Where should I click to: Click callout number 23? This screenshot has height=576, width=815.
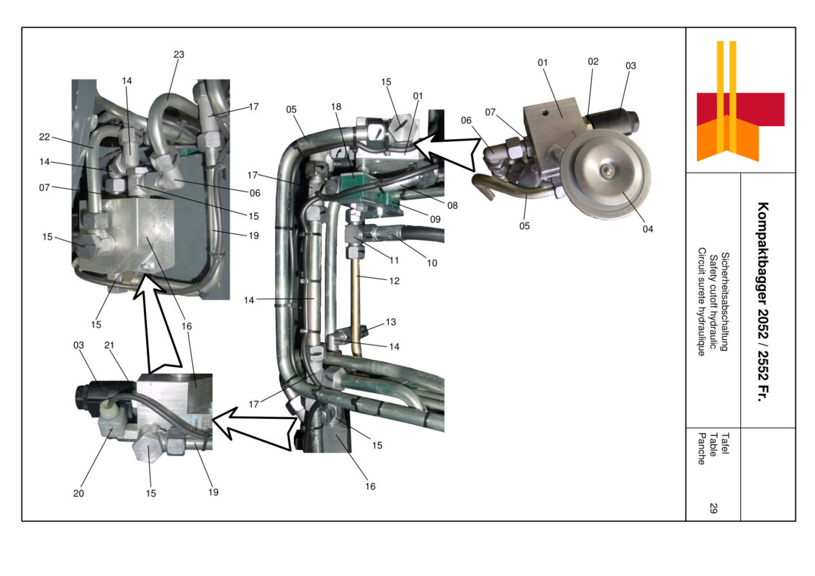point(179,54)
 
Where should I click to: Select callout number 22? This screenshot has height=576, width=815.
point(44,137)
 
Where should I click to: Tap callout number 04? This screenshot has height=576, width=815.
point(647,229)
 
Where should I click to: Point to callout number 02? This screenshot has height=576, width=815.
point(593,62)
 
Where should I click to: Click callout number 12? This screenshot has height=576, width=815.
point(392,280)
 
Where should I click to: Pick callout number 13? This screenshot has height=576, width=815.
point(390,322)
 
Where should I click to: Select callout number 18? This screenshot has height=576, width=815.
point(336,107)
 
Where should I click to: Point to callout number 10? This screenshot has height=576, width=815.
point(431,263)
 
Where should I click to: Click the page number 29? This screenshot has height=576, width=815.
point(713,508)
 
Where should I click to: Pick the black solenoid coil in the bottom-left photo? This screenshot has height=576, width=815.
point(90,397)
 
